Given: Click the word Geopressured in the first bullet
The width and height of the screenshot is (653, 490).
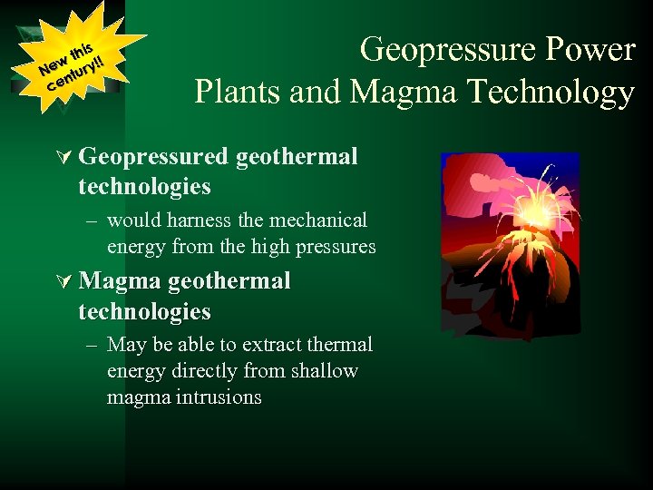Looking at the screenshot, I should pos(153,158).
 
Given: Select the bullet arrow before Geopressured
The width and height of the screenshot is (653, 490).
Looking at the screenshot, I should pos(63,158).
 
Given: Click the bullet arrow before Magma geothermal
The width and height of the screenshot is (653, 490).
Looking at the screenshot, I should pos(63,281).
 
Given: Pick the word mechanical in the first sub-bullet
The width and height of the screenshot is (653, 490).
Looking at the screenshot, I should pos(321,220).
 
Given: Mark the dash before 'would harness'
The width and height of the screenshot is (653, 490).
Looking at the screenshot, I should pos(93,220).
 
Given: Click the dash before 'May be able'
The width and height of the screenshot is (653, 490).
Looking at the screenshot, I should pos(93,345).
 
